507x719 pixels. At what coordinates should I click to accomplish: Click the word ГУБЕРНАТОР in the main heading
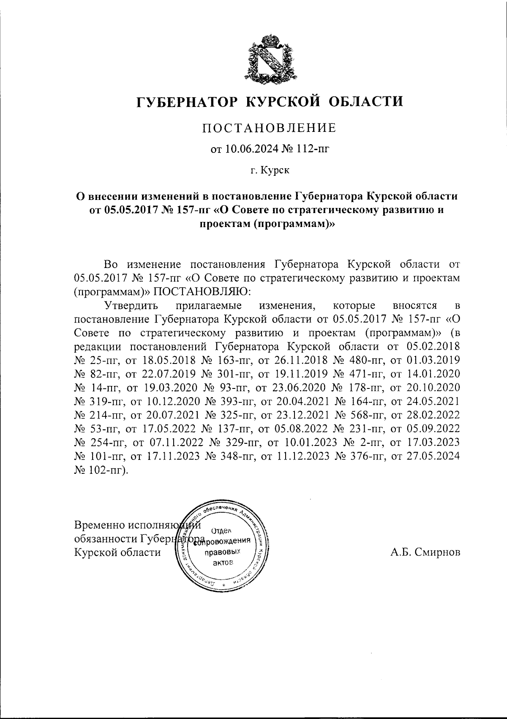(x=187, y=102)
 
